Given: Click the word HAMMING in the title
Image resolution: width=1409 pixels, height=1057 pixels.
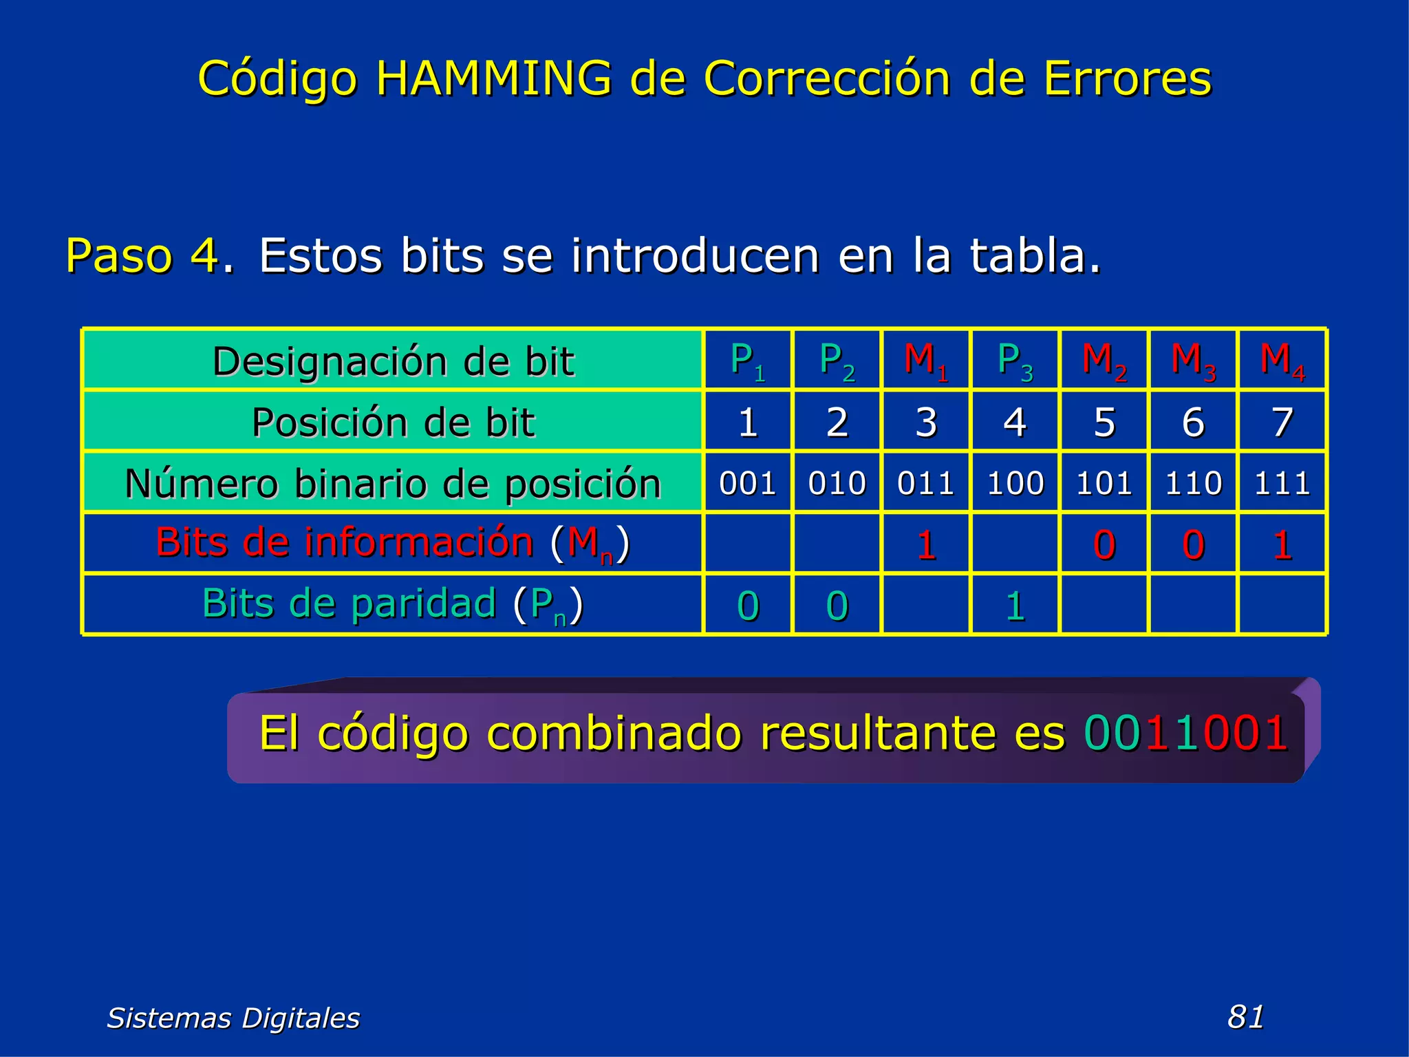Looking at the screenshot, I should (x=493, y=78).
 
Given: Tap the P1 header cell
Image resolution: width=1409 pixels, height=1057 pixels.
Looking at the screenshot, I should (x=748, y=361).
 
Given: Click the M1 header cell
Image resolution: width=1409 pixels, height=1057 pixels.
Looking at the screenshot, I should (x=925, y=361).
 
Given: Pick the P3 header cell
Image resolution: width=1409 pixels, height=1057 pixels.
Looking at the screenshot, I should (x=1015, y=361).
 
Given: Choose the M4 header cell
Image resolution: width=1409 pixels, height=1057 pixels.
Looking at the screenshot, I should (x=1282, y=361).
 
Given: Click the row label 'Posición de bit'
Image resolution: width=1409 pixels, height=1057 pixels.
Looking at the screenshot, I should (x=393, y=422).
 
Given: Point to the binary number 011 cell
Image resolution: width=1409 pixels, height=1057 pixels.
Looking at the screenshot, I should (x=925, y=483).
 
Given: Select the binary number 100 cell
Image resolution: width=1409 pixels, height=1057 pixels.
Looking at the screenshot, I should (x=1015, y=483).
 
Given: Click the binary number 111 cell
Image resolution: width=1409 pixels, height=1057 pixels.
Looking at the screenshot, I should (x=1282, y=483).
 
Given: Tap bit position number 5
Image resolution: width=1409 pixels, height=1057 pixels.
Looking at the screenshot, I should (x=1104, y=422).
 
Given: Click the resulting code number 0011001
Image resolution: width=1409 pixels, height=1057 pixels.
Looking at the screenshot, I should (x=1185, y=733).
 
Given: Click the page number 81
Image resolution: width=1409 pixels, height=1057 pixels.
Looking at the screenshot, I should (x=1245, y=1016).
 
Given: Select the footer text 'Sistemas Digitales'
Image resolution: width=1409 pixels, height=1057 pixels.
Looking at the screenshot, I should (x=233, y=1018).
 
